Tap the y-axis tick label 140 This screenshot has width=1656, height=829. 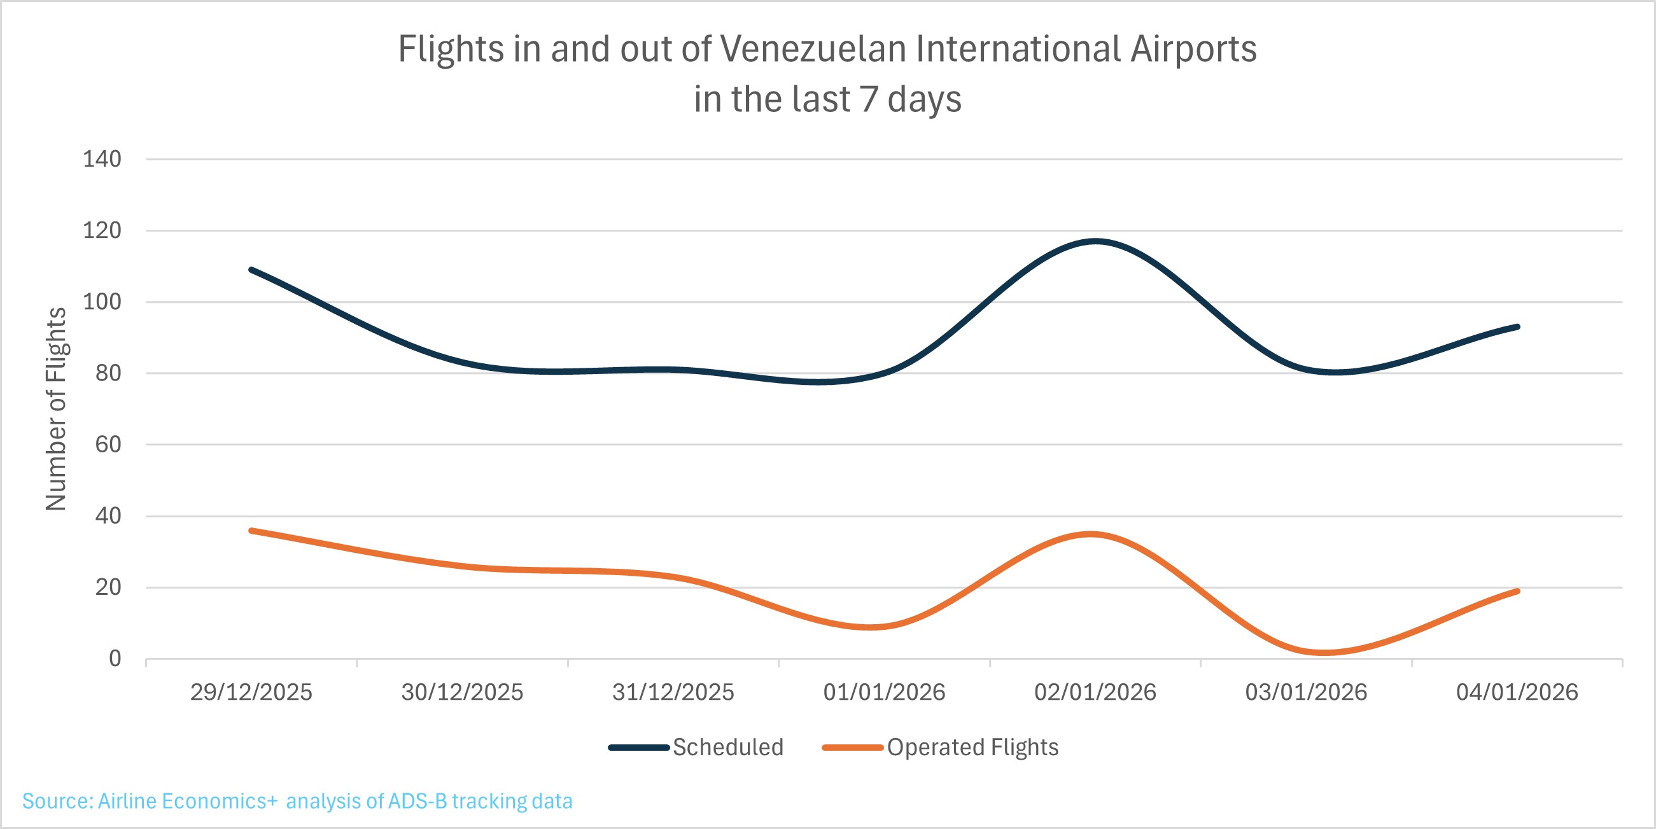coord(102,159)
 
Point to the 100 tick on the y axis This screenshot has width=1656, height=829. coord(102,302)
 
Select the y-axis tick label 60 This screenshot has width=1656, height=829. coord(108,445)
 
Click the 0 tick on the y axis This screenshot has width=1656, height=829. coord(115,658)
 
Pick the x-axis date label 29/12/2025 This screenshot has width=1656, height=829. coord(251,693)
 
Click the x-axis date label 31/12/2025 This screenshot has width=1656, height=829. coord(673,693)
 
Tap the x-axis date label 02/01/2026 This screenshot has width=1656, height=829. coord(1095,693)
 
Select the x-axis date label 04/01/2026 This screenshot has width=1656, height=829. coord(1517,693)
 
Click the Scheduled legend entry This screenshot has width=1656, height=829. coord(727,748)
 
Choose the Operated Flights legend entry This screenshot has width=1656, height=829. coord(972,748)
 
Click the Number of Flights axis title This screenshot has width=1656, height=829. coord(57,409)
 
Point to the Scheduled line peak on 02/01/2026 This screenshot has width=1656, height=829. coord(1095,242)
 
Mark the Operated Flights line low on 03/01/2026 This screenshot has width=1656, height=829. coord(1324,652)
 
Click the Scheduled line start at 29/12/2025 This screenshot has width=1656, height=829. coord(251,270)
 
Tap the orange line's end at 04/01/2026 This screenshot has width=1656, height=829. coord(1517,591)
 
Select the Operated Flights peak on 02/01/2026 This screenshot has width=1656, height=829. coord(1091,534)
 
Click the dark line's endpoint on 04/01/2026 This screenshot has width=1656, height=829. coord(1517,327)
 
